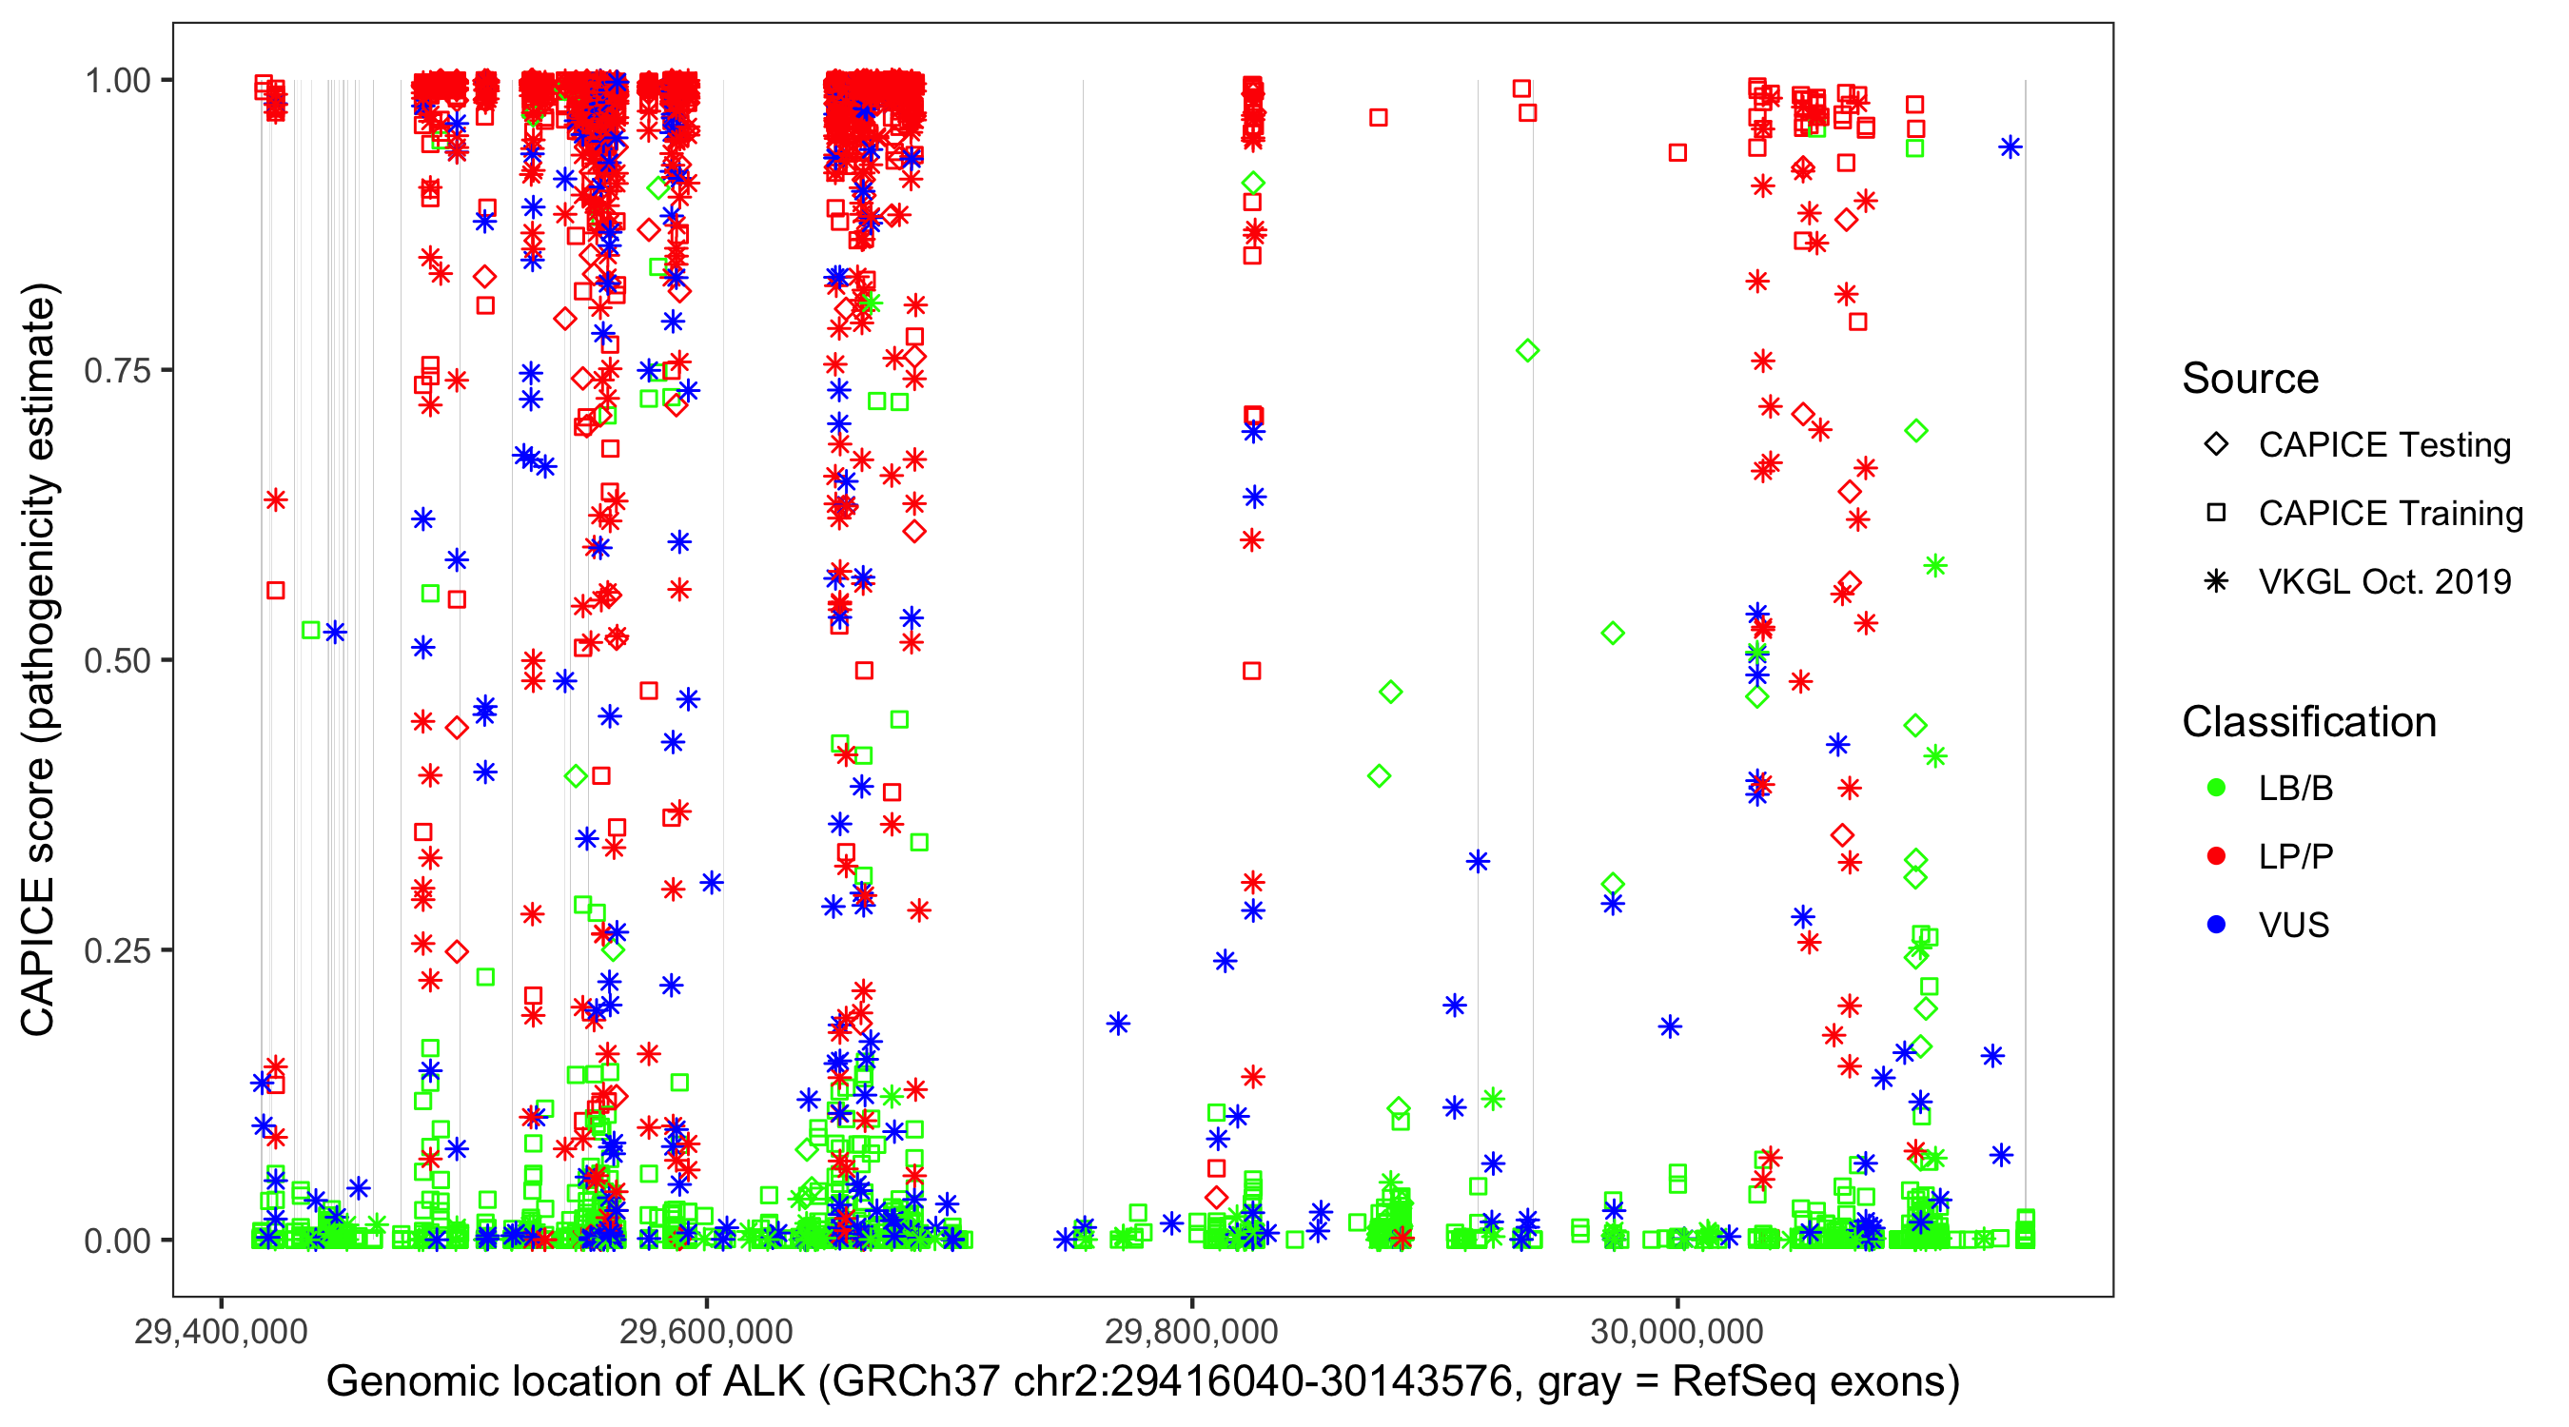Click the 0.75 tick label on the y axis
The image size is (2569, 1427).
(117, 371)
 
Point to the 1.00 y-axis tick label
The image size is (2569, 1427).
(117, 81)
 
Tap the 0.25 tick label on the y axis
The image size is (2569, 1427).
(117, 950)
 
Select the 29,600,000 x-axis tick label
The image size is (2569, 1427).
(706, 1331)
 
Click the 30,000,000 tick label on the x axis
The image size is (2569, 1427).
(1677, 1331)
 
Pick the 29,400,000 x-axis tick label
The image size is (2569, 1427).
(221, 1331)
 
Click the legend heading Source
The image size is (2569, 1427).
(2250, 379)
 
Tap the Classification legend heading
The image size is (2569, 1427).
(2308, 722)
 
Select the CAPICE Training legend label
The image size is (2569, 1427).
(2390, 514)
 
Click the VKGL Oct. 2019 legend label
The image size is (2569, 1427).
(2384, 582)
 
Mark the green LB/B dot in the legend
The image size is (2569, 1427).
(2216, 789)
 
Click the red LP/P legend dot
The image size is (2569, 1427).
(2216, 856)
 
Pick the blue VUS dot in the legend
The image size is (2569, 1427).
(2216, 926)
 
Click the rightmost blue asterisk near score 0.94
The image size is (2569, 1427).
(2010, 147)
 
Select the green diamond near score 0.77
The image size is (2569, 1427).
(1527, 351)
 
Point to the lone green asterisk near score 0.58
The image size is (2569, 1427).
(1935, 566)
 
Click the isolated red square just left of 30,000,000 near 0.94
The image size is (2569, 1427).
(1677, 152)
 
